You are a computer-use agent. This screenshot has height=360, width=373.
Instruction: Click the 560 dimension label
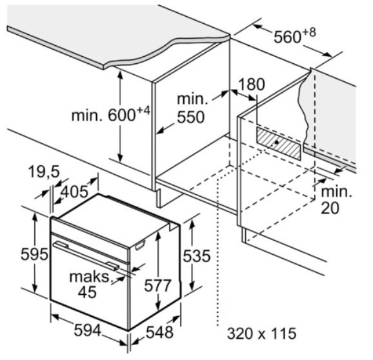(x=288, y=37)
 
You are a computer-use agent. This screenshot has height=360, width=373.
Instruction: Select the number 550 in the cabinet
(x=191, y=117)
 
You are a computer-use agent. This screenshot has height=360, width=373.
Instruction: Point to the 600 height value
(x=122, y=115)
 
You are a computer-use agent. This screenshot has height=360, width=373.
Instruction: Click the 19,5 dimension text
(x=44, y=172)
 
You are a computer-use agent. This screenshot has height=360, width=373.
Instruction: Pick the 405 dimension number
(x=74, y=192)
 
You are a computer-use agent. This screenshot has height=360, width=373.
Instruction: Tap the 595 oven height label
(x=34, y=254)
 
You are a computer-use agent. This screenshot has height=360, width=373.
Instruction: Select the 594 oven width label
(x=88, y=330)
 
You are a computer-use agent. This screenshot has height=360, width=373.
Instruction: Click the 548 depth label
(x=159, y=332)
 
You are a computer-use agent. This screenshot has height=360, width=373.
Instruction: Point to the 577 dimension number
(x=157, y=285)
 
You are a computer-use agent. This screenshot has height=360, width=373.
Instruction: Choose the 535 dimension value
(x=196, y=256)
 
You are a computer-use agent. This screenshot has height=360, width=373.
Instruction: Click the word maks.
(x=90, y=277)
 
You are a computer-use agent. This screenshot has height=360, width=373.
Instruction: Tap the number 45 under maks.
(x=87, y=292)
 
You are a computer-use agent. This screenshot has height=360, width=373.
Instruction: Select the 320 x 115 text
(x=261, y=334)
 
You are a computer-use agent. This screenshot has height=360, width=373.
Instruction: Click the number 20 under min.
(x=330, y=208)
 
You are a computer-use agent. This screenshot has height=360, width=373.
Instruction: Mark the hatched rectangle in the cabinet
(x=278, y=143)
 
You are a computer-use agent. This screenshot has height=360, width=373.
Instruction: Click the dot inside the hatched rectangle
(x=276, y=142)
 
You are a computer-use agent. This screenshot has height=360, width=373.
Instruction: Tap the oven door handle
(x=86, y=255)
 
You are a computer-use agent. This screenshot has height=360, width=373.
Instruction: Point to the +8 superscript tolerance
(x=309, y=32)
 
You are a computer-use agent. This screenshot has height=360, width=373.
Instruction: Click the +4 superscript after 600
(x=143, y=110)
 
